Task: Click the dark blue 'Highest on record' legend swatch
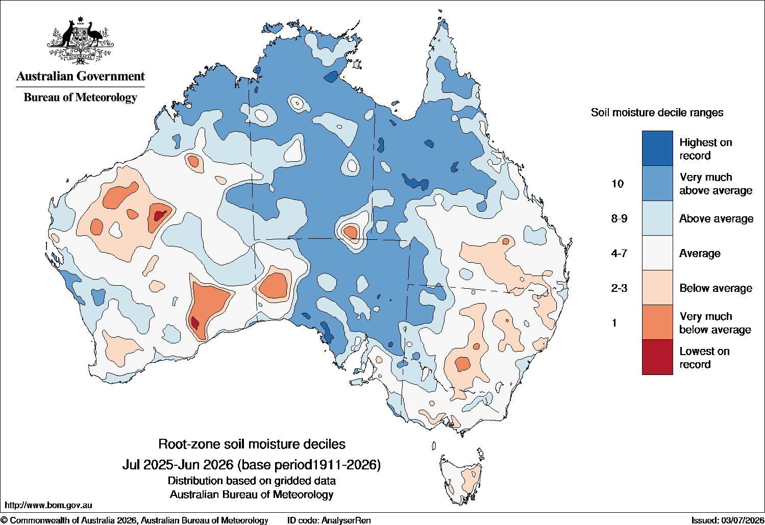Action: pos(657,148)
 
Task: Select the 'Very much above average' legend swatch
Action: pos(657,183)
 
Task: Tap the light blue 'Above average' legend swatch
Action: pos(657,218)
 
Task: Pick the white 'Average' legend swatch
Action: pos(657,253)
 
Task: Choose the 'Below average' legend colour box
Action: pos(657,288)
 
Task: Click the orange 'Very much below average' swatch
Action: pos(657,322)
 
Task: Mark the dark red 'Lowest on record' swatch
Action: pos(657,357)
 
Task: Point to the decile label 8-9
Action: pos(619,218)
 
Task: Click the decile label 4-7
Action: pos(619,253)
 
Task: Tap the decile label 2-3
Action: pos(619,288)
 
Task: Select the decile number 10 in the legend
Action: pos(618,184)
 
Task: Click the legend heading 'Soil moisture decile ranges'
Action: pos(657,113)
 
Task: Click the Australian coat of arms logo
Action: pos(81,40)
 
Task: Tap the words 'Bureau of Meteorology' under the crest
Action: pos(81,97)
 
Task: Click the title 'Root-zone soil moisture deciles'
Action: pos(252,444)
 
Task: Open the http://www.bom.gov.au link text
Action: pos(48,505)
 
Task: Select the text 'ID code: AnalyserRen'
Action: pos(329,520)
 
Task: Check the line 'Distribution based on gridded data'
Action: pos(252,481)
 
